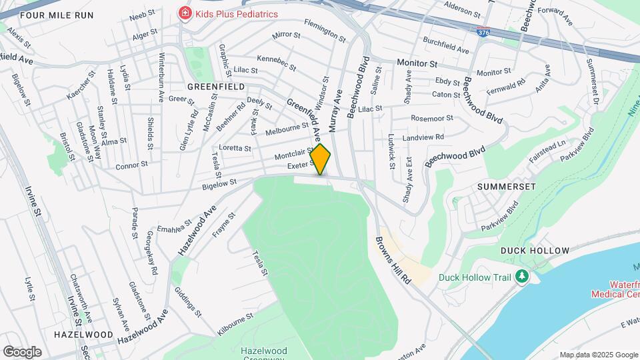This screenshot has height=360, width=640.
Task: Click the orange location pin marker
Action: [x=321, y=159]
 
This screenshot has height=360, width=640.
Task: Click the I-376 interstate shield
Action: [x=483, y=31]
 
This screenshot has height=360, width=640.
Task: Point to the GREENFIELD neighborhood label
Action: [x=215, y=87]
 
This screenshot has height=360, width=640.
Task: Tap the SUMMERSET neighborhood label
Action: [x=506, y=187]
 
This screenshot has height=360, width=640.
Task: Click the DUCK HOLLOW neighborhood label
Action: [x=535, y=251]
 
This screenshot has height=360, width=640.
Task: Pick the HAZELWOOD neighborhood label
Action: [x=83, y=334]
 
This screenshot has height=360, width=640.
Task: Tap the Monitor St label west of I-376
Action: [x=416, y=63]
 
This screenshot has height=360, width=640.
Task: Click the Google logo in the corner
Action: [x=22, y=352]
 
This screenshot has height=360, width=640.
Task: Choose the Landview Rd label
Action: [x=423, y=137]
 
